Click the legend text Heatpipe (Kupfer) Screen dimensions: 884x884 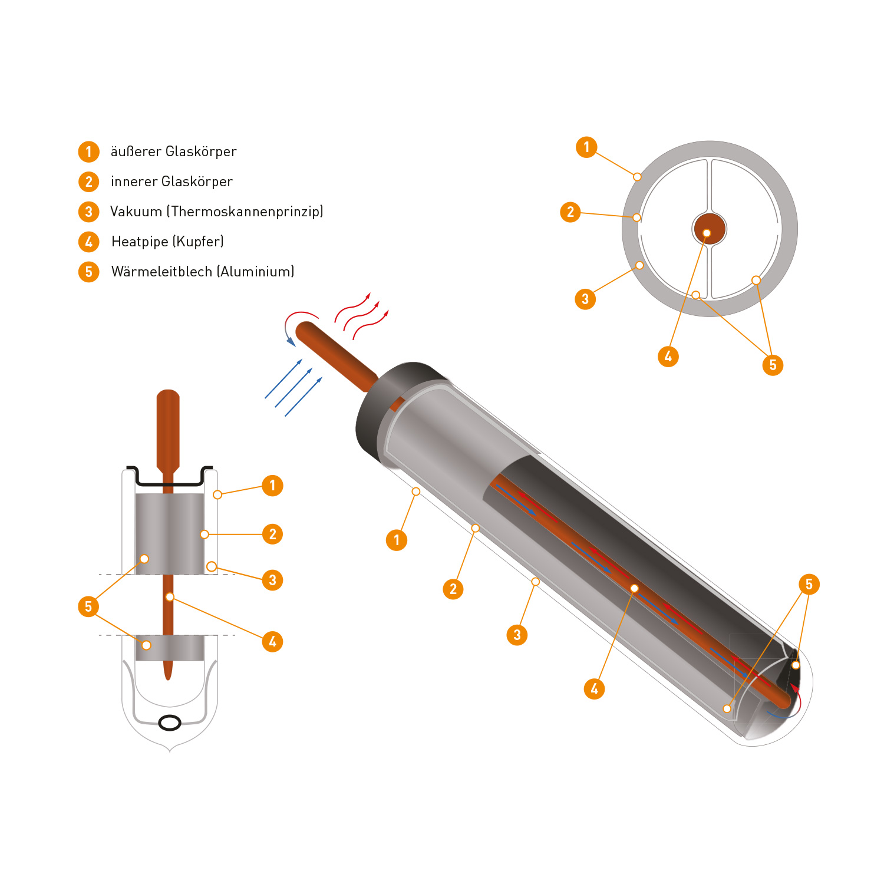point(167,242)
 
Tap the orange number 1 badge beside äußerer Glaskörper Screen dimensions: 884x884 point(89,151)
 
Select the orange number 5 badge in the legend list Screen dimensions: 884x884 point(89,272)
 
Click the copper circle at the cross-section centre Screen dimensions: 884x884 point(708,229)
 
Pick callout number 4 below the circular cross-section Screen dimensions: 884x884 point(668,356)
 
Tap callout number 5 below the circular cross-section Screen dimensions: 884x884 point(773,365)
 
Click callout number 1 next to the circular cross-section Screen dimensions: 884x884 point(586,147)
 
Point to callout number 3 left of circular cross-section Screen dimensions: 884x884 point(585,299)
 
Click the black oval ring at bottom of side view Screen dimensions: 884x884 point(170,722)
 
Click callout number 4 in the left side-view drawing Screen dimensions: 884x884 point(272,641)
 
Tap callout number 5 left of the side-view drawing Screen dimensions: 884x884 point(88,606)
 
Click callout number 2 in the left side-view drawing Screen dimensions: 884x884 point(272,534)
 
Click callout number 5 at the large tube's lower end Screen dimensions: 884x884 point(809,584)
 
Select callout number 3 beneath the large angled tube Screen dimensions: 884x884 point(517,635)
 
